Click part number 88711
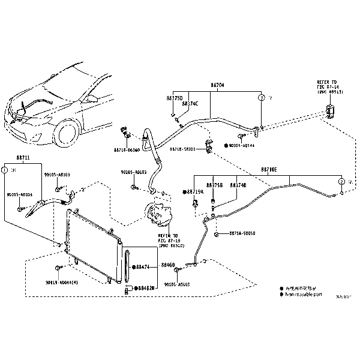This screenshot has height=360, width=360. tap(23, 157)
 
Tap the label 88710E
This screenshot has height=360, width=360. tap(269, 170)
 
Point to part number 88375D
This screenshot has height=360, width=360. tap(174, 97)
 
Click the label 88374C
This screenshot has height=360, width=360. tap(190, 103)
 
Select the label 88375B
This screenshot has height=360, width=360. tap(214, 185)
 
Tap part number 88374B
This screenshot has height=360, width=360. tap(238, 185)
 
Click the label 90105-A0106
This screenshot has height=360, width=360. tap(20, 195)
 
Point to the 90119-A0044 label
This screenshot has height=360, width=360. tap(61, 282)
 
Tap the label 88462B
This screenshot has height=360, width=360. tap(146, 288)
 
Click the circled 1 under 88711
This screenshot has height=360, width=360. tap(5, 170)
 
